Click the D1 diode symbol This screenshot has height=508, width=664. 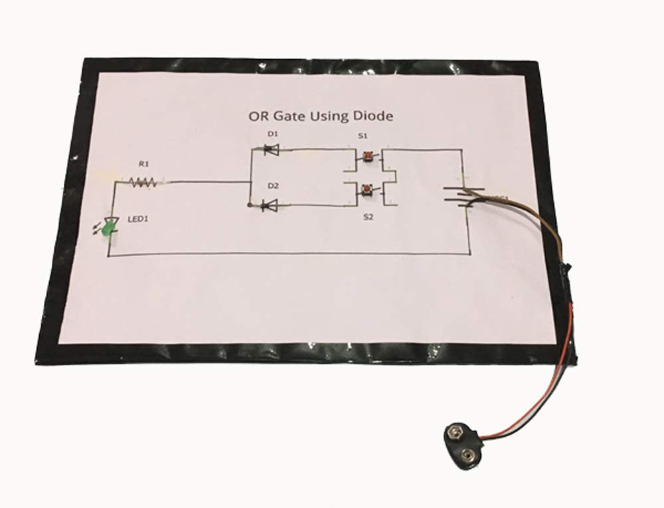(x=270, y=150)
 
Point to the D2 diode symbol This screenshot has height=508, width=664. (x=270, y=207)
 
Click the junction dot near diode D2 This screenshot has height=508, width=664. (x=249, y=206)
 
